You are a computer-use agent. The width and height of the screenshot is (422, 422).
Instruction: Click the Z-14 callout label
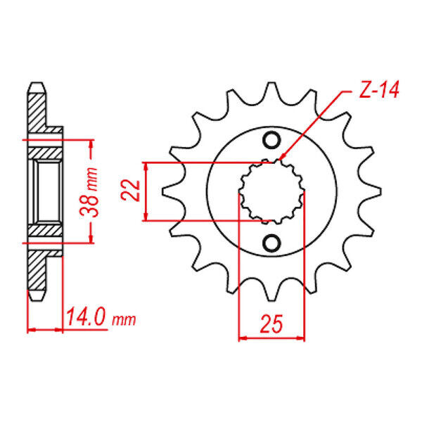[x=379, y=89]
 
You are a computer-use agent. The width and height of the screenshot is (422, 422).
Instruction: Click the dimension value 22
[x=131, y=191]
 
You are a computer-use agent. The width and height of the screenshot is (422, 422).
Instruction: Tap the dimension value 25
[x=271, y=324]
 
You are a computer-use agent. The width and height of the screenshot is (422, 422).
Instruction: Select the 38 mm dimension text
[x=89, y=193]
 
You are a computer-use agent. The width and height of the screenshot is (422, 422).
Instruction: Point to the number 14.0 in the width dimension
[x=86, y=317]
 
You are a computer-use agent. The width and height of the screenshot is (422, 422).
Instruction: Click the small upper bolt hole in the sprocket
[x=271, y=140]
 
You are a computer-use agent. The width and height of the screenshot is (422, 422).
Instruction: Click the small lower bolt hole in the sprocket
[x=271, y=243]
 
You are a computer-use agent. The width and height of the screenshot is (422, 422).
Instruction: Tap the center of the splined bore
[x=271, y=191]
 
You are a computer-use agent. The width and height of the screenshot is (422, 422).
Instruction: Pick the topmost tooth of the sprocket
[x=271, y=93]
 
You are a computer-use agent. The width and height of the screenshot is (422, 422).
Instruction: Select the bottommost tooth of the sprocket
[x=271, y=290]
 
